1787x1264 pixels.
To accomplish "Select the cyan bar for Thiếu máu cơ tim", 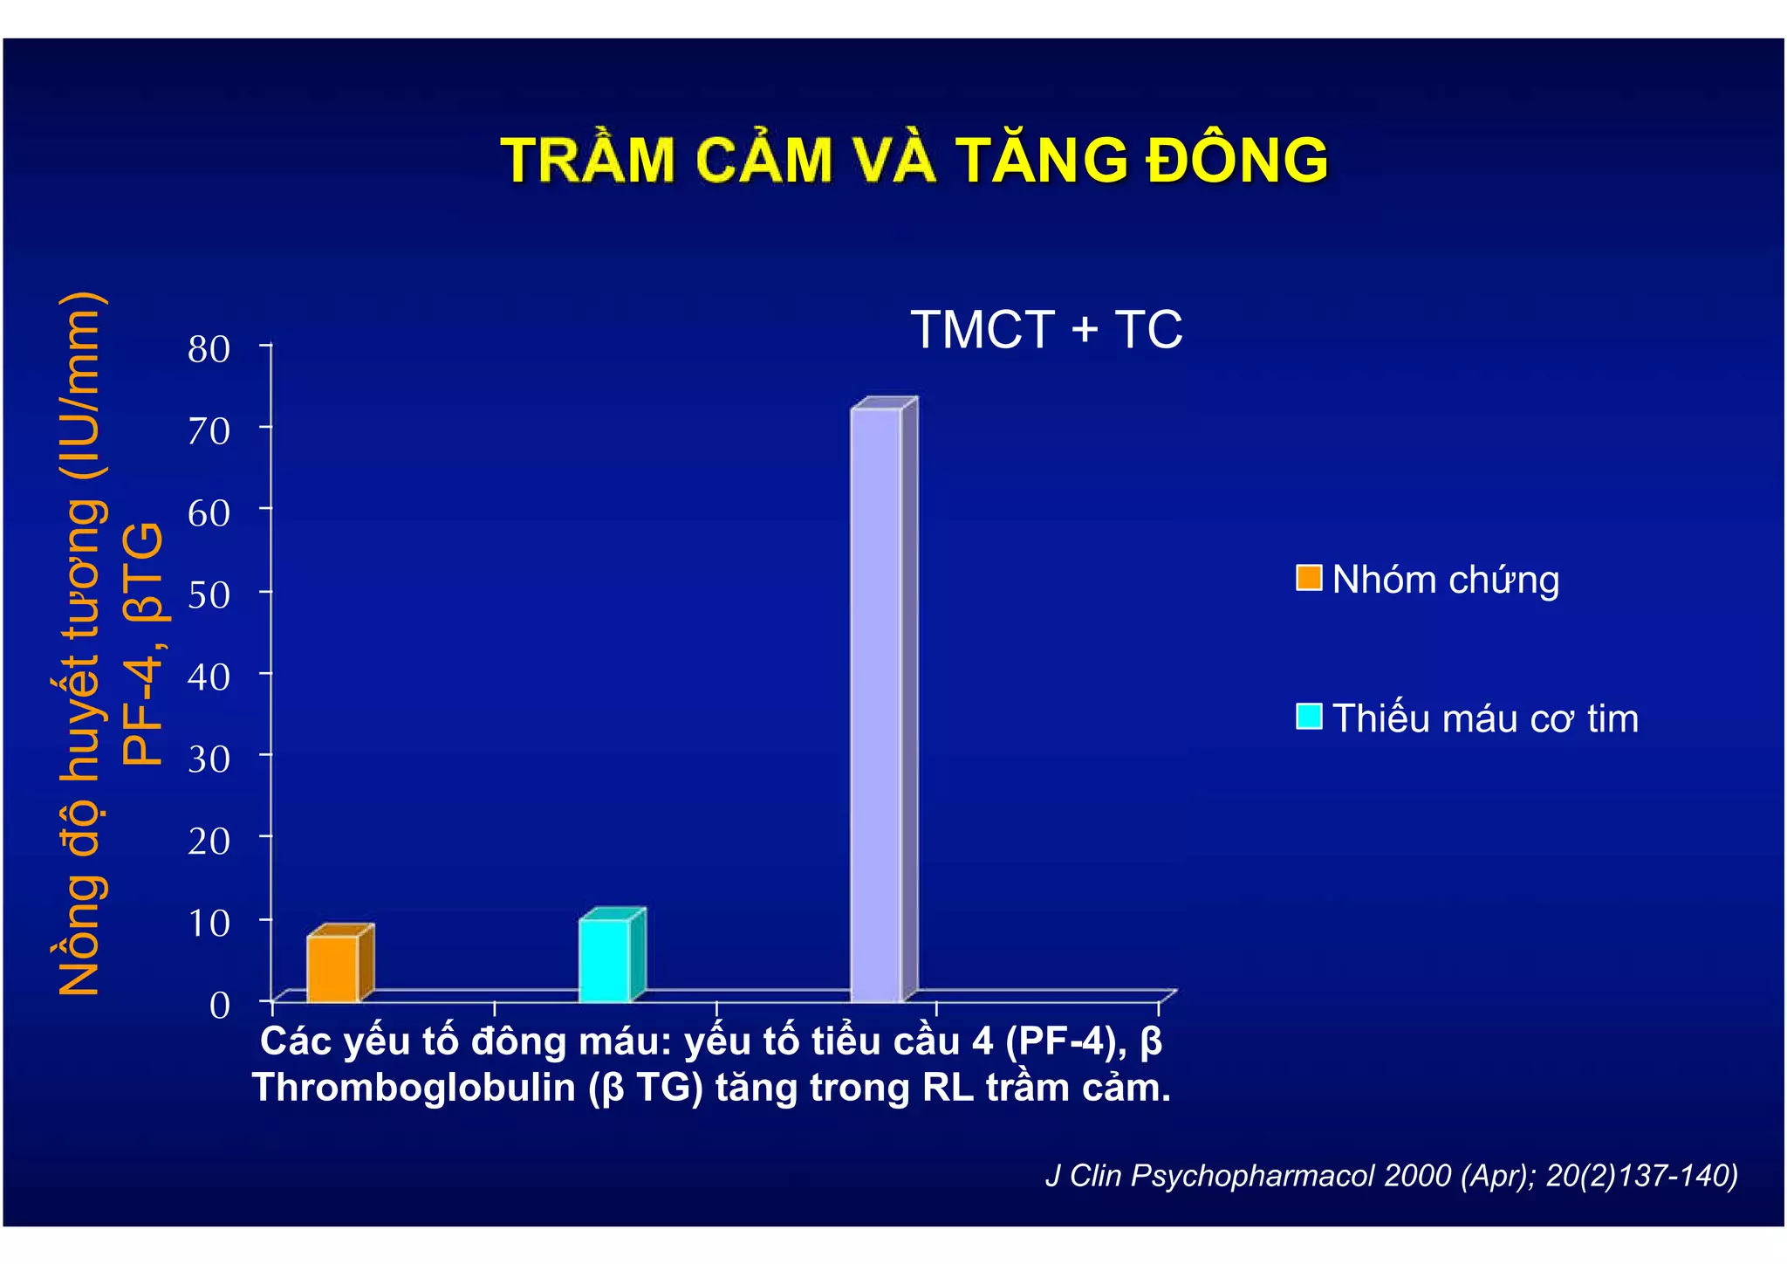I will click(604, 959).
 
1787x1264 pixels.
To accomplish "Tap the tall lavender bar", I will click(876, 704).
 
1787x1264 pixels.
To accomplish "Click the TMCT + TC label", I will click(1046, 330).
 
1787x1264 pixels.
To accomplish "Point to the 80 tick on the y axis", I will click(209, 349).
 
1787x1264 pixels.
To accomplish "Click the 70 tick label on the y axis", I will click(209, 430).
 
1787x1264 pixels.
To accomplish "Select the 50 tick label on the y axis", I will click(209, 594).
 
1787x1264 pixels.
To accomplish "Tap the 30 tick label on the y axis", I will click(209, 759).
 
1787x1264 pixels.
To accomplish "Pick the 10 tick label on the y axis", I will click(209, 923).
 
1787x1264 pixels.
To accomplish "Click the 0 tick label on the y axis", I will click(220, 1005).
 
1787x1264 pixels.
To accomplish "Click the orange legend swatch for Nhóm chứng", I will click(1308, 578).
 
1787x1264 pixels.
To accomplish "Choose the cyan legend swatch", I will click(1308, 717).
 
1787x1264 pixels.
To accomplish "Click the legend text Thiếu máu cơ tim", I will click(1485, 718).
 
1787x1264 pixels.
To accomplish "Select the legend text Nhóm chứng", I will click(1446, 580).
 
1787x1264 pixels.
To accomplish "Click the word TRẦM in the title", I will click(589, 161).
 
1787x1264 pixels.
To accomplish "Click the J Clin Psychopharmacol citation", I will click(1391, 1175).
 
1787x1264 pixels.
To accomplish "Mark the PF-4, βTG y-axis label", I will click(143, 644).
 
